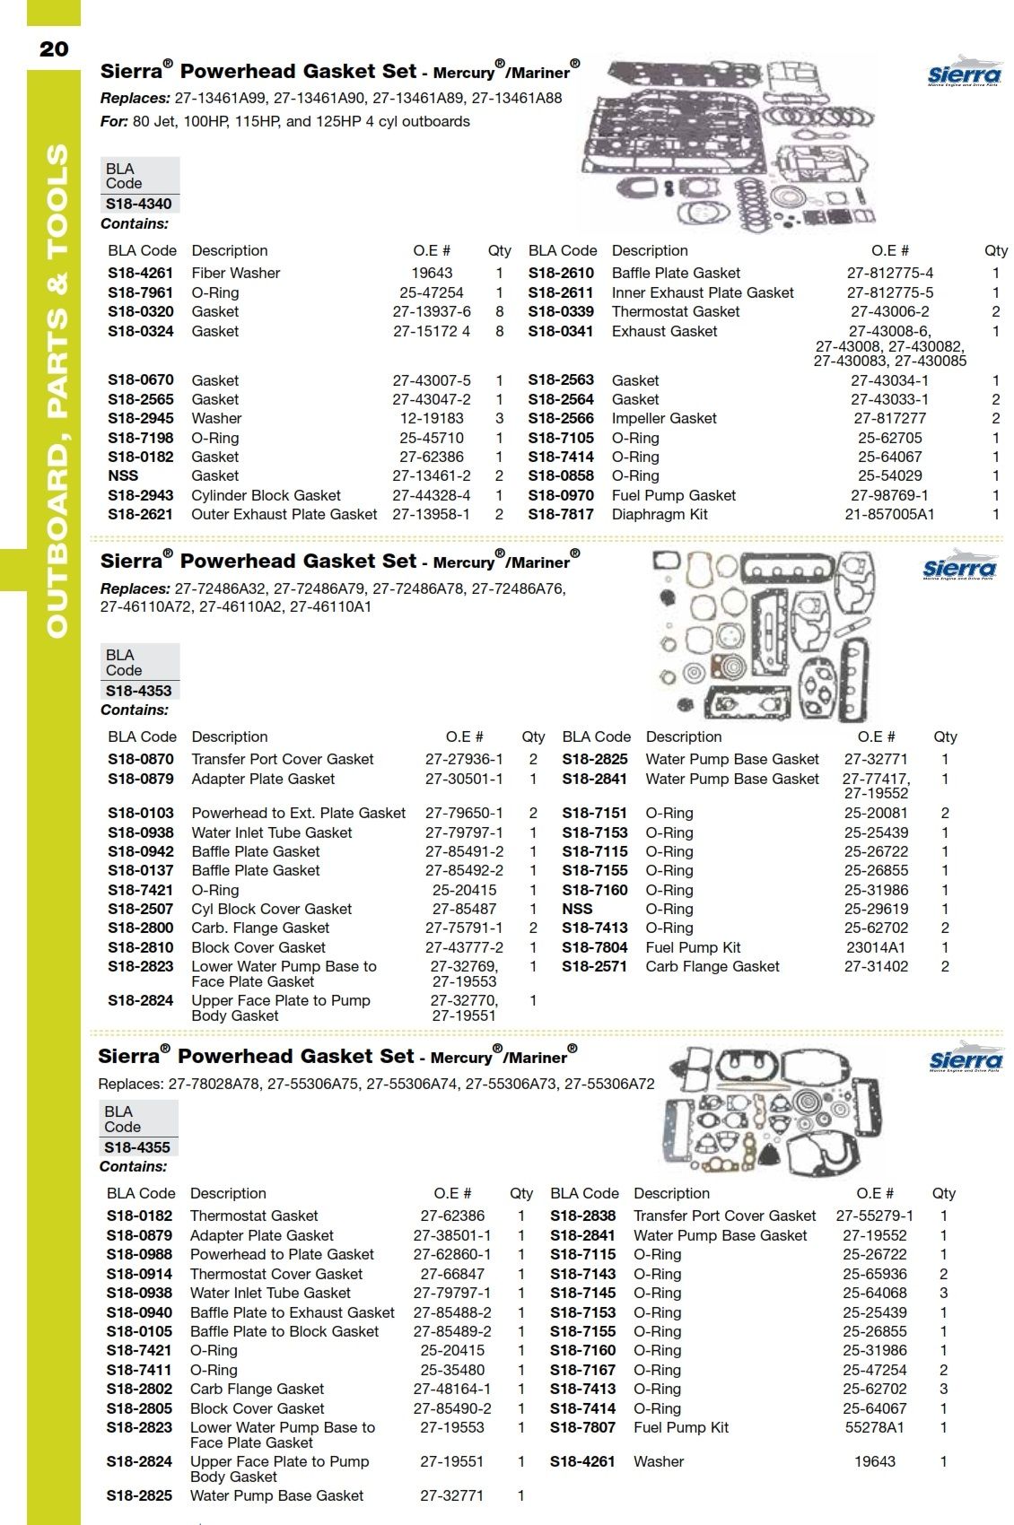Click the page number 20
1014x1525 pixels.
tap(54, 48)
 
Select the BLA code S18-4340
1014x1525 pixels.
tap(138, 204)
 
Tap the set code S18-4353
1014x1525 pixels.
tap(138, 691)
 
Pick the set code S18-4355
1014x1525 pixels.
tap(136, 1147)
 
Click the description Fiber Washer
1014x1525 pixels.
tap(236, 273)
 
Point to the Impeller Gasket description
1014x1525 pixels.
tap(664, 418)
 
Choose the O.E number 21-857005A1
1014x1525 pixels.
tap(889, 514)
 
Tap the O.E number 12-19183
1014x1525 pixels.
tap(432, 418)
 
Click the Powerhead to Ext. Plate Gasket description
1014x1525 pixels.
tap(299, 813)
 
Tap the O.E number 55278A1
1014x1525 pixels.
tap(875, 1427)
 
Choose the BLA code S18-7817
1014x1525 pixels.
tap(561, 514)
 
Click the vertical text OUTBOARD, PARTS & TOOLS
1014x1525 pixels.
tap(56, 390)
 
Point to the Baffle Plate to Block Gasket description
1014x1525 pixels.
tap(284, 1331)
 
